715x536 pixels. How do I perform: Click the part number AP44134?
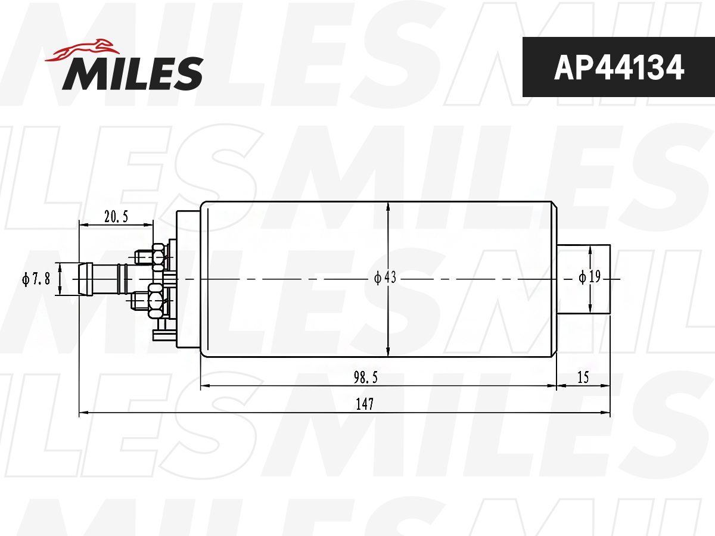(619, 67)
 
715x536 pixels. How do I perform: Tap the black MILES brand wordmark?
(133, 73)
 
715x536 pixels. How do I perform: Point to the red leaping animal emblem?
(82, 50)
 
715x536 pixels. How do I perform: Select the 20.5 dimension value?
(116, 217)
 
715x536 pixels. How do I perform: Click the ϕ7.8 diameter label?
(36, 279)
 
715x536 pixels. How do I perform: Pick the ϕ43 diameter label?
(385, 278)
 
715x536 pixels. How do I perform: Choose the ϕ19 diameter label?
(590, 277)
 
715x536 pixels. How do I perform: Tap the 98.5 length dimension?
(365, 378)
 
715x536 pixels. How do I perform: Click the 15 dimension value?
(583, 378)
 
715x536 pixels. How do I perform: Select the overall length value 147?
(365, 404)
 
